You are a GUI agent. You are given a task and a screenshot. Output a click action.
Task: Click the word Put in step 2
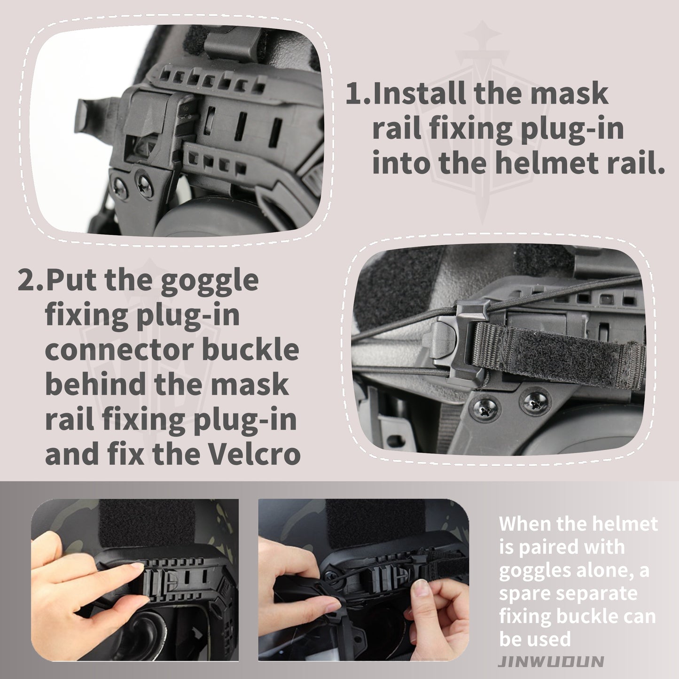click(x=71, y=280)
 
